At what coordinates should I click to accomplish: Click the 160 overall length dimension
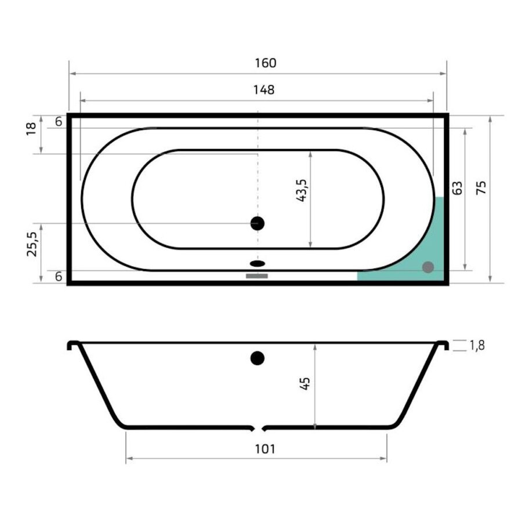264,63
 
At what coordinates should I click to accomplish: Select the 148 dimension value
263,90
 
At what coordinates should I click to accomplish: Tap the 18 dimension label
32,128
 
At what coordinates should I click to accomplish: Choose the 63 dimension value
457,188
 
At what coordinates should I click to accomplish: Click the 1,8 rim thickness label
477,346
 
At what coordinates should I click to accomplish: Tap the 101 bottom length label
264,448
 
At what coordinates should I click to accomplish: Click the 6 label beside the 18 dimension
59,122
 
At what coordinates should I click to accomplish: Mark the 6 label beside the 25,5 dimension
59,277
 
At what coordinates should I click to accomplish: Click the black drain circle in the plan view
257,223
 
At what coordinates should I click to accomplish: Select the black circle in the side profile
258,358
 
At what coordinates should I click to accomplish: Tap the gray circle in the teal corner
427,267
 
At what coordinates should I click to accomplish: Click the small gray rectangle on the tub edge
257,276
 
